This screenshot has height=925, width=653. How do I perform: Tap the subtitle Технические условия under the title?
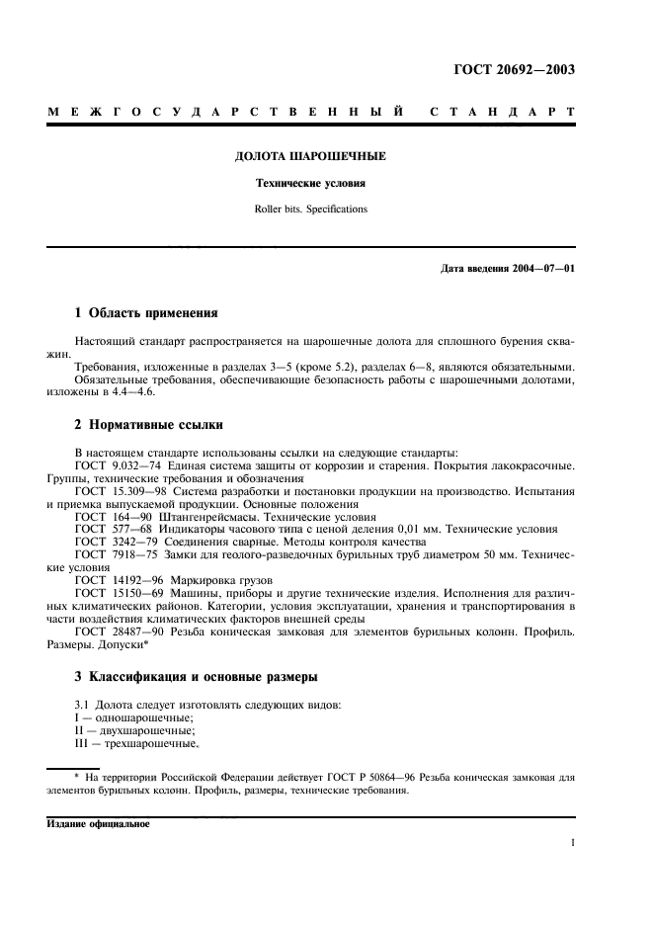pyautogui.click(x=309, y=184)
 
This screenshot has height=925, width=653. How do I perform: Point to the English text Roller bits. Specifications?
pyautogui.click(x=309, y=210)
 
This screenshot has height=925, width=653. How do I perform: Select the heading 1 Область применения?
pyautogui.click(x=146, y=313)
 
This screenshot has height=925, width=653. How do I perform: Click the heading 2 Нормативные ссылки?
pyautogui.click(x=149, y=426)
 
